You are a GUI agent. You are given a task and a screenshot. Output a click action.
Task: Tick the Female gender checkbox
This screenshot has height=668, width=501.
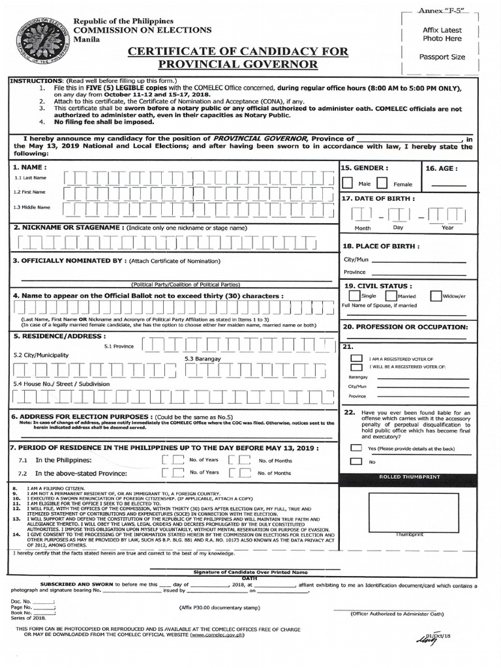(382, 183)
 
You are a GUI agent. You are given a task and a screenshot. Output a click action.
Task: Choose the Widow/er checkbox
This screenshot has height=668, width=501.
(436, 296)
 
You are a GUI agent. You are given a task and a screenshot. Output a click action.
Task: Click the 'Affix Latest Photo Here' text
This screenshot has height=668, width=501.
(442, 35)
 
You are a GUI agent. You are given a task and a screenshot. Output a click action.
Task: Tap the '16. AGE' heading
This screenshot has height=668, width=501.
(442, 168)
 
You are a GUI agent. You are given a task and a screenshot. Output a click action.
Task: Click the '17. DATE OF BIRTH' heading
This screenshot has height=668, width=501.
(377, 198)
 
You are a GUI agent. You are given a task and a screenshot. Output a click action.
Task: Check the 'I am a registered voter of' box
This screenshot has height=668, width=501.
(356, 358)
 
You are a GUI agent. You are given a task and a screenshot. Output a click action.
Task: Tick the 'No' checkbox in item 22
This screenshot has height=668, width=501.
(356, 461)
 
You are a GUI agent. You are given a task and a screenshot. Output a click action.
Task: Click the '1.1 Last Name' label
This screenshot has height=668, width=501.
(31, 177)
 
